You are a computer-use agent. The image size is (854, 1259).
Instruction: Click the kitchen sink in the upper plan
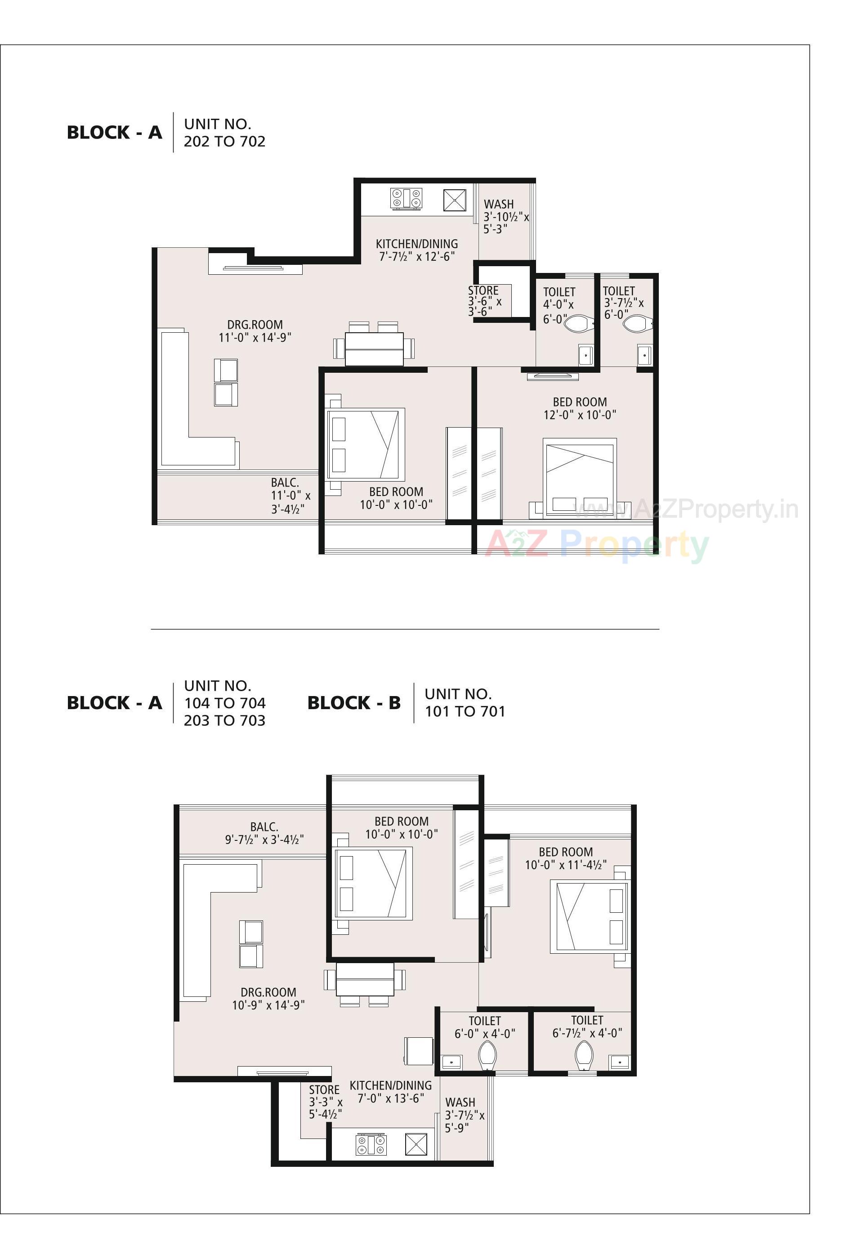tap(455, 200)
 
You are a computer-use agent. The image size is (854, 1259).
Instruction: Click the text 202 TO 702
tap(224, 141)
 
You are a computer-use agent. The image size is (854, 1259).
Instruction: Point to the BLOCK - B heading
tap(354, 703)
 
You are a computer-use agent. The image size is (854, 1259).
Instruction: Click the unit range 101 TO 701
tap(465, 711)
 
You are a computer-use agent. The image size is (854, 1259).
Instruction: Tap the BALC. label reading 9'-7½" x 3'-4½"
tap(264, 833)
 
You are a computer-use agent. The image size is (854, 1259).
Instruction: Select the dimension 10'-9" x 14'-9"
tap(268, 1005)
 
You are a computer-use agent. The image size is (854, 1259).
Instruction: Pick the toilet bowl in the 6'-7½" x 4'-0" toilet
tap(584, 1054)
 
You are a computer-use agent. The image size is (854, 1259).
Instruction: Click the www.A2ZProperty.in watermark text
tap(685, 509)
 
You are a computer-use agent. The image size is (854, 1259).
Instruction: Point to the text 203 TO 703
tap(224, 720)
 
